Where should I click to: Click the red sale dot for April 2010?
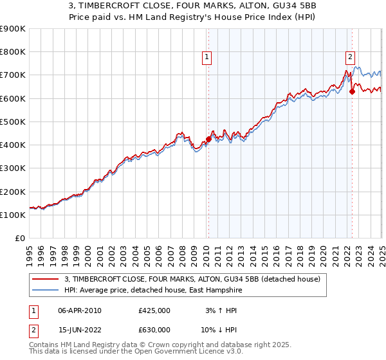click(208, 139)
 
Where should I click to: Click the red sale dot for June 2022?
click(352, 91)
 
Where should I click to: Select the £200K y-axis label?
click(13, 192)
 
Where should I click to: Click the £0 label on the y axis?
click(20, 238)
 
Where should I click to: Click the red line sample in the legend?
click(45, 279)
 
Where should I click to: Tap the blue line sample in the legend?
click(45, 290)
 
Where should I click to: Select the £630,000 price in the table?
click(154, 330)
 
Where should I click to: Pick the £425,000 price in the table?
click(154, 310)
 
